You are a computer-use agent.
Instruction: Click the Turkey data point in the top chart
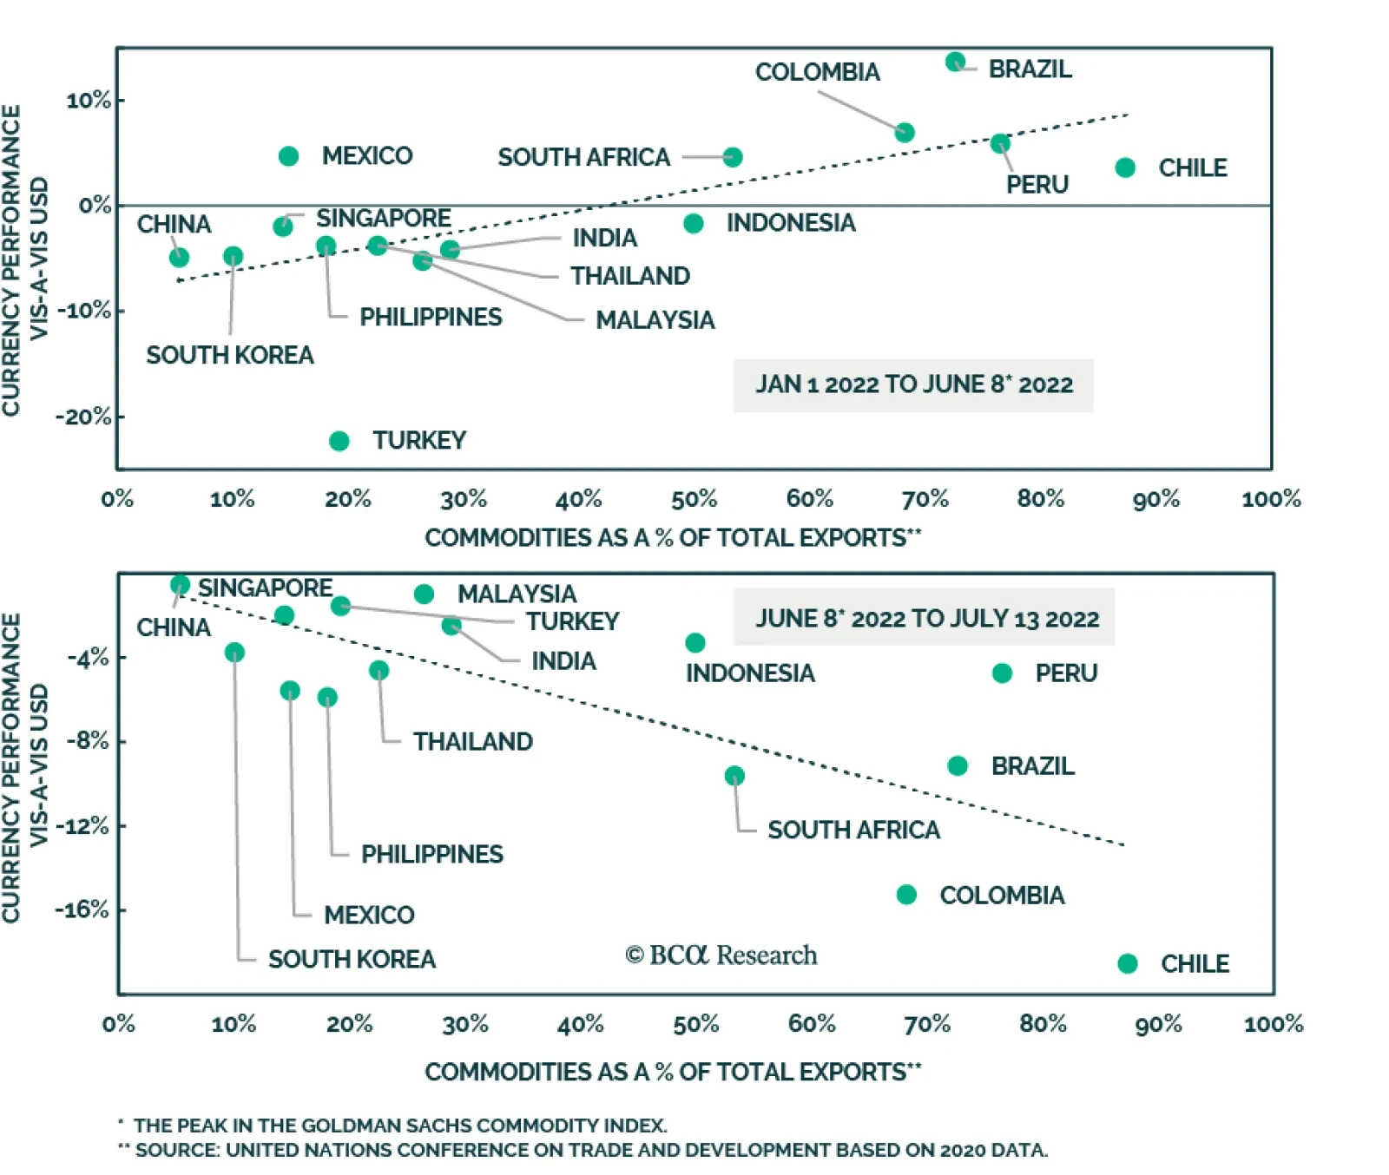(339, 442)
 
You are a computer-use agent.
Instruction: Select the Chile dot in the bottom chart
(1128, 963)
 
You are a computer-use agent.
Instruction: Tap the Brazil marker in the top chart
(955, 62)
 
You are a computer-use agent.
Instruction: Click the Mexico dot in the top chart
(289, 156)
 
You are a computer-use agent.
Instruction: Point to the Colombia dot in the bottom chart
(906, 895)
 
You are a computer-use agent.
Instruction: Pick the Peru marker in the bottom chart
(1002, 673)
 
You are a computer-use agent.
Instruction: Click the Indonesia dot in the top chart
(693, 224)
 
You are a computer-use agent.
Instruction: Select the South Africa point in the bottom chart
(734, 776)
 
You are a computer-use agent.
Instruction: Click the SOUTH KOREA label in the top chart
(229, 355)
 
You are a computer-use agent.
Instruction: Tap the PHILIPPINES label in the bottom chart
(431, 854)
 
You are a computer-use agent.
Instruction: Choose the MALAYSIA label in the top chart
(655, 320)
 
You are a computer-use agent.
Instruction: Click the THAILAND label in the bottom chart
(472, 742)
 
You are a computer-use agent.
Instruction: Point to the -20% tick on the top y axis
(84, 417)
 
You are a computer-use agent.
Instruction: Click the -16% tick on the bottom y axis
(82, 909)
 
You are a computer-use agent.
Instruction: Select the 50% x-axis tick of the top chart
(694, 499)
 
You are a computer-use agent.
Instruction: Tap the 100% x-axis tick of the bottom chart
(1273, 1024)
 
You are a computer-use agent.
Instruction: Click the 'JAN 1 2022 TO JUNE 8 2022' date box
(913, 384)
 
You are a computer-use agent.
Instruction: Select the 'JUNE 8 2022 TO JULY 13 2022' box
(925, 618)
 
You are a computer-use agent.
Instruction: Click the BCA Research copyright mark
(721, 955)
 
